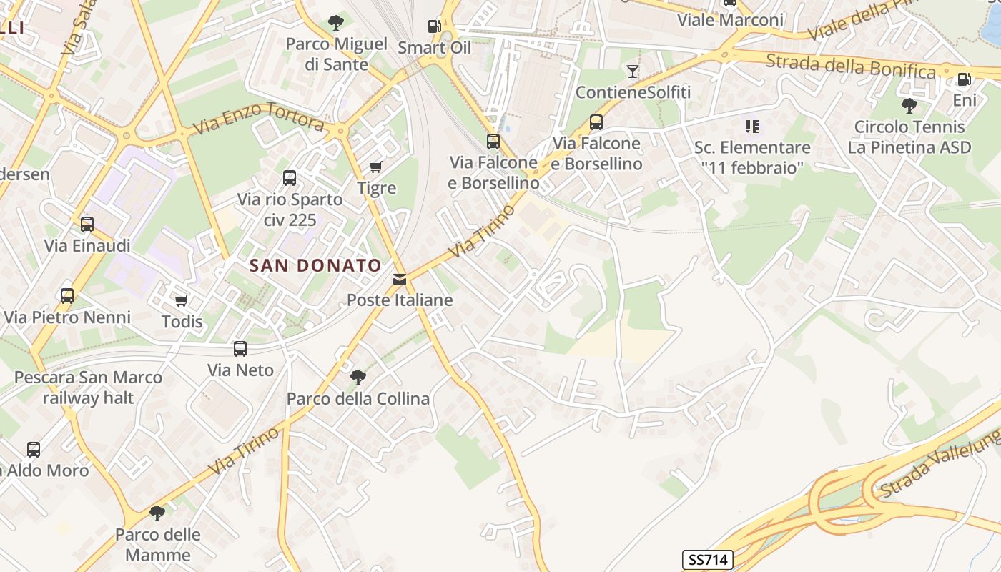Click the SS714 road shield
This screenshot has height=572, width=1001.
click(x=708, y=559)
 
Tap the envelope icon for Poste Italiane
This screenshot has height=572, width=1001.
click(x=400, y=280)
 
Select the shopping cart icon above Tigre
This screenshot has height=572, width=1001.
click(x=375, y=167)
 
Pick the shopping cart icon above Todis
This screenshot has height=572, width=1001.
click(x=182, y=301)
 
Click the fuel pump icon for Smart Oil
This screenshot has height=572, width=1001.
click(x=434, y=26)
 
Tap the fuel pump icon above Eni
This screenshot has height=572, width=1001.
click(x=964, y=79)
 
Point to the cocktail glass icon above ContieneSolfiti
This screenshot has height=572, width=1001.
click(x=633, y=71)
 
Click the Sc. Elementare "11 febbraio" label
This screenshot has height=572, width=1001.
click(x=752, y=157)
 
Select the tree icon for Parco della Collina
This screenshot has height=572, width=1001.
click(x=358, y=377)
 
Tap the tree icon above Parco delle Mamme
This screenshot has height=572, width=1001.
click(x=157, y=513)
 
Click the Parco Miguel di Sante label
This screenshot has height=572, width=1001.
click(x=336, y=54)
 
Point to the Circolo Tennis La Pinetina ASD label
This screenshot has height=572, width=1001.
click(x=909, y=137)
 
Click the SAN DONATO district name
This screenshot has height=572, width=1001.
click(x=315, y=265)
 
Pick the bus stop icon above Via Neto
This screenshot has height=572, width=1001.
click(x=240, y=349)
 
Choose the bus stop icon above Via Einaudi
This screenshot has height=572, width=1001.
click(x=87, y=225)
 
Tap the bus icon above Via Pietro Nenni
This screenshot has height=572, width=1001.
click(x=67, y=295)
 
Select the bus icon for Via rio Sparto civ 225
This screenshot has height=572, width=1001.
click(x=290, y=178)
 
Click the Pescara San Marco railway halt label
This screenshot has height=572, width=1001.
click(x=88, y=387)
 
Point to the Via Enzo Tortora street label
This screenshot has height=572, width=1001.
click(x=258, y=119)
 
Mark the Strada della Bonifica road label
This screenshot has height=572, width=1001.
click(x=850, y=66)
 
